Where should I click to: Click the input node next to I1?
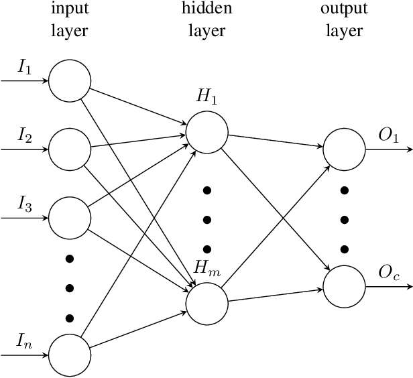pyautogui.click(x=69, y=81)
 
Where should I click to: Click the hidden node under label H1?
pyautogui.click(x=206, y=132)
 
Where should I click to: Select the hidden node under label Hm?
pyautogui.click(x=206, y=303)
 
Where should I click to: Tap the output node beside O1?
pyautogui.click(x=344, y=149)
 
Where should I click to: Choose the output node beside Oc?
pyautogui.click(x=344, y=286)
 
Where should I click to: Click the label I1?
pyautogui.click(x=24, y=68)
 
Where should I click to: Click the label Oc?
pyautogui.click(x=389, y=273)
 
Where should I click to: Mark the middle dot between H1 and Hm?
pyautogui.click(x=206, y=219)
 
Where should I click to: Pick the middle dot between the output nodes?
pyautogui.click(x=344, y=218)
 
